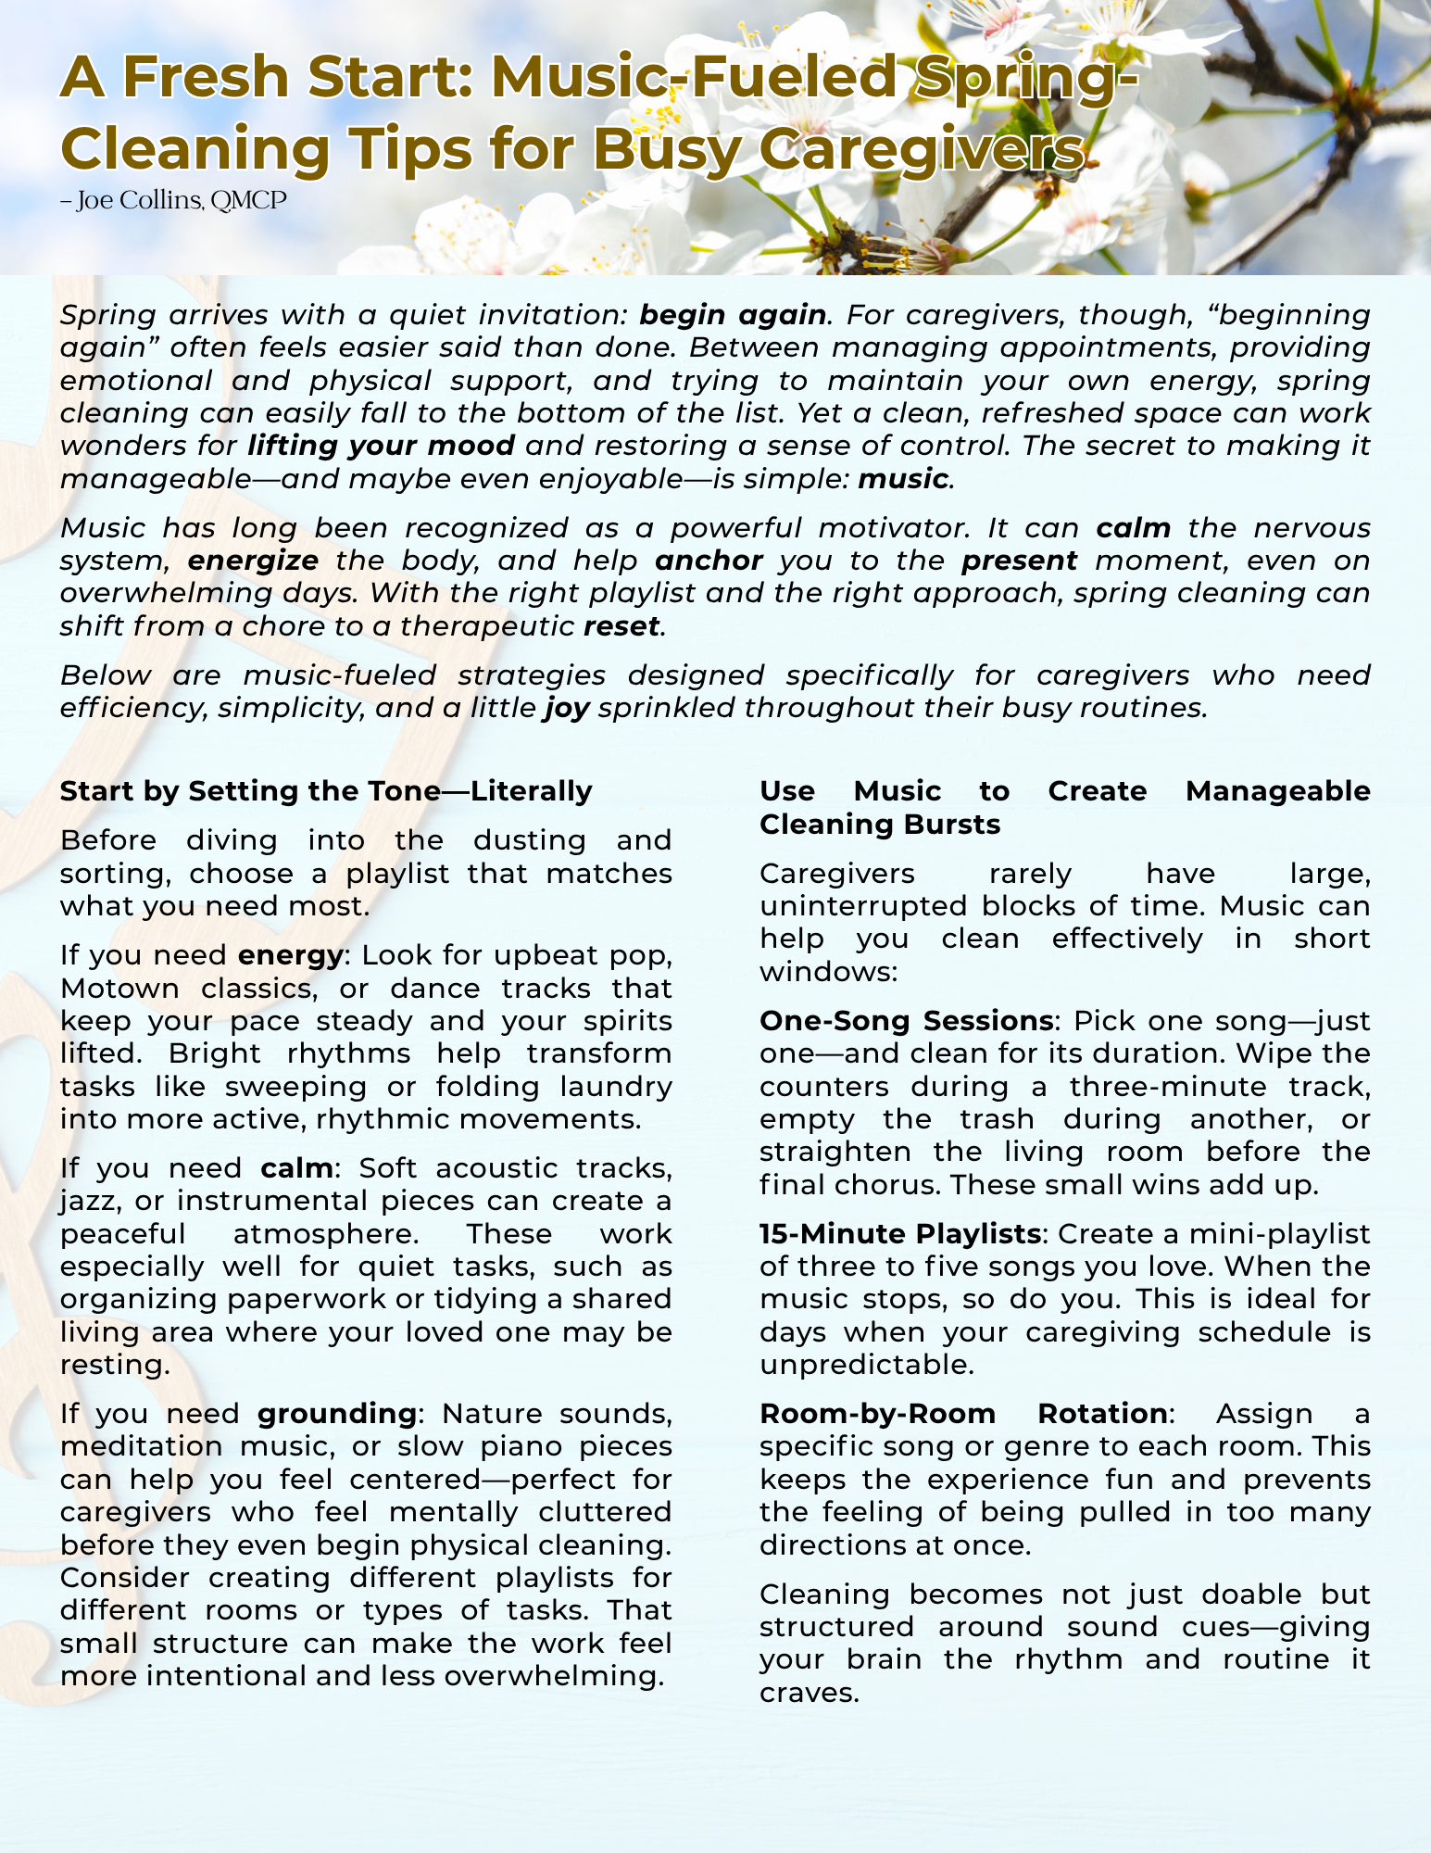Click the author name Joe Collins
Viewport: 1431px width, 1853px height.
[140, 200]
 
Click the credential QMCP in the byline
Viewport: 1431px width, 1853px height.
[248, 200]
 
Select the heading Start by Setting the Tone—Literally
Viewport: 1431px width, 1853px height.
[326, 791]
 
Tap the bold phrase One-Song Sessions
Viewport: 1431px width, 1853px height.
[906, 1021]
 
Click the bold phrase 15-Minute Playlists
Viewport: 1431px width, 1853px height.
[899, 1234]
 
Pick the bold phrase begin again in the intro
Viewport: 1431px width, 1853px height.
[733, 315]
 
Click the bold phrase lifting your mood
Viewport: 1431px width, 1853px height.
[381, 446]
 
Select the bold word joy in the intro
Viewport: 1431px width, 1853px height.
[567, 708]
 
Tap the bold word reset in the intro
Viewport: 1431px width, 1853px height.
[621, 626]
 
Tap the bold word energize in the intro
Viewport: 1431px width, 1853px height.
[253, 561]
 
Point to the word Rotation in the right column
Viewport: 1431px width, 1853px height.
[1102, 1414]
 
